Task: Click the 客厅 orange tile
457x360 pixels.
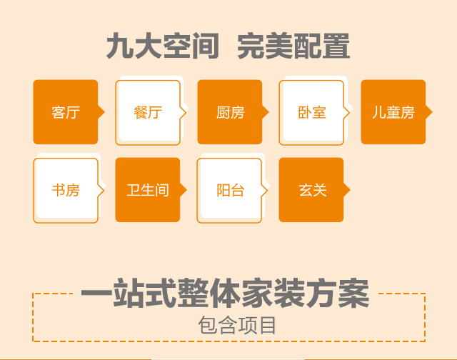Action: (66, 112)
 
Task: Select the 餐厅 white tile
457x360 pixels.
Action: (148, 113)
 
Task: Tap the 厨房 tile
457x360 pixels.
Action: (230, 112)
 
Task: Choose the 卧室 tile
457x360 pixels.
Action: (311, 113)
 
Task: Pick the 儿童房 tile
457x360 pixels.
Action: (393, 112)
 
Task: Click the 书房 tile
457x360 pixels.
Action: (66, 190)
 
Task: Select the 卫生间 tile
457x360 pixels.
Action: (148, 190)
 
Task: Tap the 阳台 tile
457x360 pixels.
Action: (229, 190)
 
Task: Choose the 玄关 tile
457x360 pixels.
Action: (311, 190)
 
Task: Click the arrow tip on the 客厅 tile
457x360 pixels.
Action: (105, 112)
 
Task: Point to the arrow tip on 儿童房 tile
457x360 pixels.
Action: (432, 112)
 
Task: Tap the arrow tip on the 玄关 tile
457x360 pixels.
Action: (351, 190)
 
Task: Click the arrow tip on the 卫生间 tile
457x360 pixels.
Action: (187, 190)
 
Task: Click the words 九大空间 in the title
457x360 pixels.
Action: (163, 46)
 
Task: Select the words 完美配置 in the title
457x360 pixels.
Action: (293, 46)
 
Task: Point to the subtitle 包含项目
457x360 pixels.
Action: (237, 325)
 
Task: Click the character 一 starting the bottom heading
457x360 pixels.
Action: (96, 293)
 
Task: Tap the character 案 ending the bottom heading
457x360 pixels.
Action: (354, 293)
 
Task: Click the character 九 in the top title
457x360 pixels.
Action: (119, 46)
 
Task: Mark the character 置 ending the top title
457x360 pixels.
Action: (336, 46)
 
